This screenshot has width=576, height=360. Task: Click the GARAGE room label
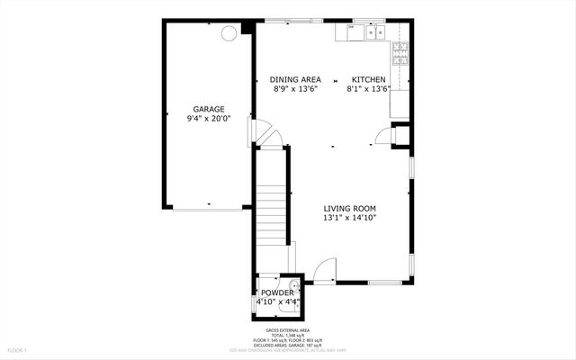coord(207,109)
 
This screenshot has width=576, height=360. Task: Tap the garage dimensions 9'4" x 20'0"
coord(207,119)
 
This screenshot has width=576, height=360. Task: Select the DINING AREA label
coord(295,79)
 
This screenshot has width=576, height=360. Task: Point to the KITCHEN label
coord(368,79)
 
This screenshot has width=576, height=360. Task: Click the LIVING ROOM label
coord(350,208)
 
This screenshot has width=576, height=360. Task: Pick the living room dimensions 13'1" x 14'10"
coord(350,218)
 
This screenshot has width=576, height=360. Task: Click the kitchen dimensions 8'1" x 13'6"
coord(368,89)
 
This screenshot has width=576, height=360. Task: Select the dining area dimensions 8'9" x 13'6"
coord(295,89)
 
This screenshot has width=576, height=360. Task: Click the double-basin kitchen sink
coord(369,33)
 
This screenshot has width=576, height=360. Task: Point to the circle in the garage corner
coord(230,32)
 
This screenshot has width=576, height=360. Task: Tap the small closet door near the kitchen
coord(385,135)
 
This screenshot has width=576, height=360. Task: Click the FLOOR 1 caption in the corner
coord(18,349)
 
